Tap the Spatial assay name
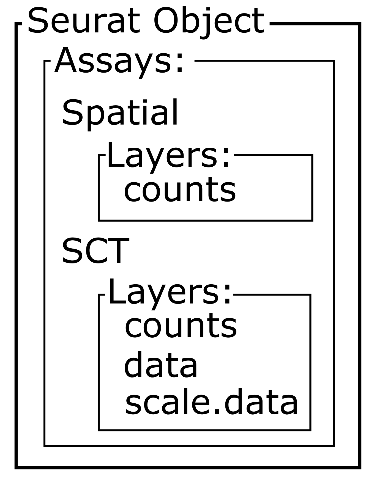pyautogui.click(x=120, y=112)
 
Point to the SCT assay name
pyautogui.click(x=95, y=251)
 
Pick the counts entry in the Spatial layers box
pyautogui.click(x=180, y=190)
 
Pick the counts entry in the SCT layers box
pyautogui.click(x=181, y=326)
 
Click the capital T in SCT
pyautogui.click(x=119, y=251)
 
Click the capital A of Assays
pyautogui.click(x=66, y=61)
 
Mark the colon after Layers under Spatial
pyautogui.click(x=226, y=158)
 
